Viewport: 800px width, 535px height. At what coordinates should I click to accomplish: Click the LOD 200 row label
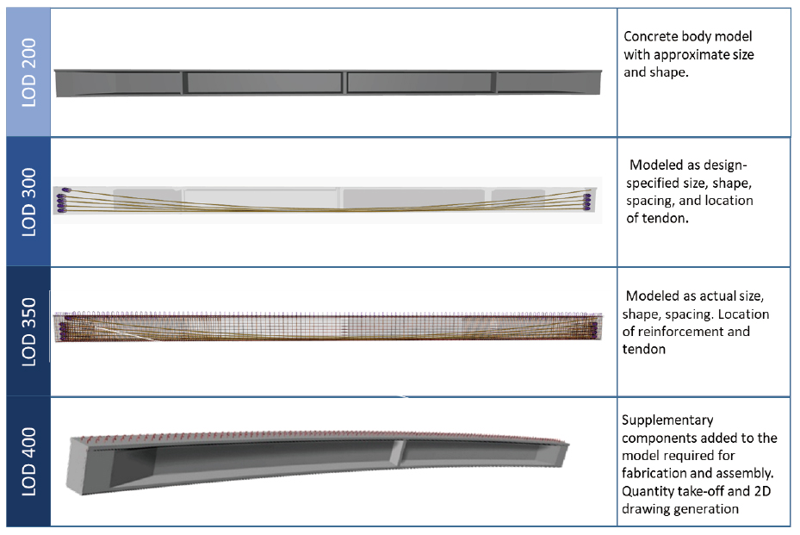point(28,72)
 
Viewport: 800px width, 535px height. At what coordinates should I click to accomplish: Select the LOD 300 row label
point(28,202)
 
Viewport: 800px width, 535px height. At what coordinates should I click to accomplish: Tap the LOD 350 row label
point(28,332)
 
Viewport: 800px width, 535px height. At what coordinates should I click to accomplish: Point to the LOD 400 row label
point(28,462)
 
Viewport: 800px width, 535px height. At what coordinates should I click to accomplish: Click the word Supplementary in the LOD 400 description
point(667,420)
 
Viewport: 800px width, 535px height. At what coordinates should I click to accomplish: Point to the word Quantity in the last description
point(645,491)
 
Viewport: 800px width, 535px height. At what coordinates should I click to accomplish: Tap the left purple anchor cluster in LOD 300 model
point(62,200)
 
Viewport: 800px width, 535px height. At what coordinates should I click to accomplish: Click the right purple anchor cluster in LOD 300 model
point(587,201)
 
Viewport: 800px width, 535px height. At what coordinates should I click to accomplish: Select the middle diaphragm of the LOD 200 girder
point(344,82)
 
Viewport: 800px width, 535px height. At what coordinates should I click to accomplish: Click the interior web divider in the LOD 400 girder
point(399,452)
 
